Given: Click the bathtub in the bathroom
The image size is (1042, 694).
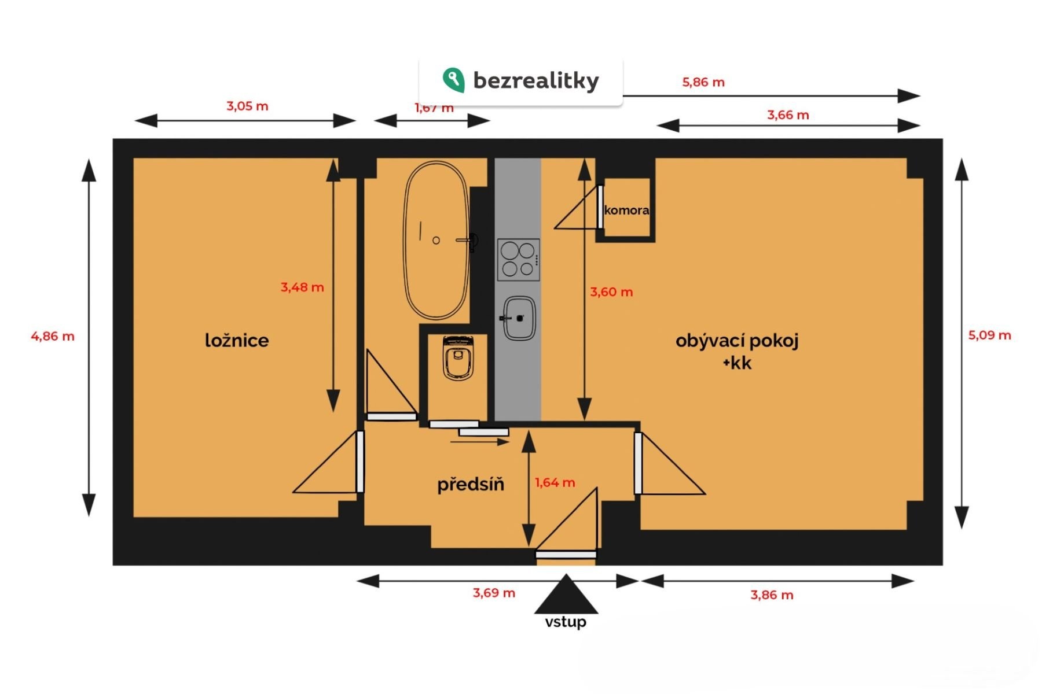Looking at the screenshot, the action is [x=435, y=240].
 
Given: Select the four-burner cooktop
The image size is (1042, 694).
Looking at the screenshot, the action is [x=518, y=260].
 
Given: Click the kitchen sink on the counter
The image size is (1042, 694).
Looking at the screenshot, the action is [x=519, y=318].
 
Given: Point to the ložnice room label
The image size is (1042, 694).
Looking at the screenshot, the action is [x=237, y=340].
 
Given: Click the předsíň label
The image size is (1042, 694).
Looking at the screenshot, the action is [x=471, y=483].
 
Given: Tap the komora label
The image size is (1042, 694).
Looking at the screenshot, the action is [x=626, y=210].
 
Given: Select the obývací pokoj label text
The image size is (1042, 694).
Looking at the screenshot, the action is [x=737, y=341].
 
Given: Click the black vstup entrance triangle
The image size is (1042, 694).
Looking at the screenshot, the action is [x=566, y=595].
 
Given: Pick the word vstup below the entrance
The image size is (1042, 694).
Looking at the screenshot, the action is [x=566, y=622].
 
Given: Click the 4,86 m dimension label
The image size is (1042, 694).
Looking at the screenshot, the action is [x=53, y=336].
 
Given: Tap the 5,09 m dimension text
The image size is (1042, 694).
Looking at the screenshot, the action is [x=990, y=335].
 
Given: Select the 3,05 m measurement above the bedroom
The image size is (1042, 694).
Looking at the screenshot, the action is [x=247, y=106].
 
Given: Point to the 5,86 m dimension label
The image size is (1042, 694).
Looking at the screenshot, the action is [x=703, y=82].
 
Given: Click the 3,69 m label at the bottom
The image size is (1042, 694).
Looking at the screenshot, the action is [x=494, y=593].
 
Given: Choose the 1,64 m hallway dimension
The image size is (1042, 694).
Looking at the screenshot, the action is [x=555, y=482].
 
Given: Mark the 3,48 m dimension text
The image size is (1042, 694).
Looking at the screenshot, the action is [x=302, y=287].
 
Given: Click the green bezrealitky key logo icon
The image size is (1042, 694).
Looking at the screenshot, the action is [x=453, y=80].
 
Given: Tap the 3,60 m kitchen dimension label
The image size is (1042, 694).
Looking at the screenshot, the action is [x=611, y=292].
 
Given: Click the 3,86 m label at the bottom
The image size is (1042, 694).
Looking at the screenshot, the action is [x=772, y=595].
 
